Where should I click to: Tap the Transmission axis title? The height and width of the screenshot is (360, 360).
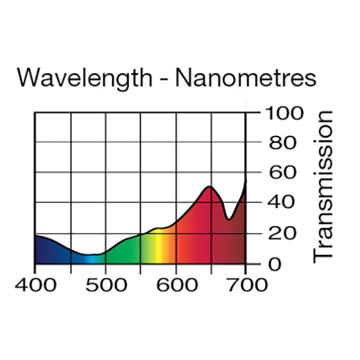pyautogui.click(x=323, y=185)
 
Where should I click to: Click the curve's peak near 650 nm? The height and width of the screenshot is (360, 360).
pyautogui.click(x=209, y=187)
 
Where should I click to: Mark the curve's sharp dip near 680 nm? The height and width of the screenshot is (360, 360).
pyautogui.click(x=229, y=219)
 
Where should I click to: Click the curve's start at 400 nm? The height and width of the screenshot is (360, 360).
pyautogui.click(x=35, y=235)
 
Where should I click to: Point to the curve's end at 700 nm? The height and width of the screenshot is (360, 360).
pyautogui.click(x=245, y=181)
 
